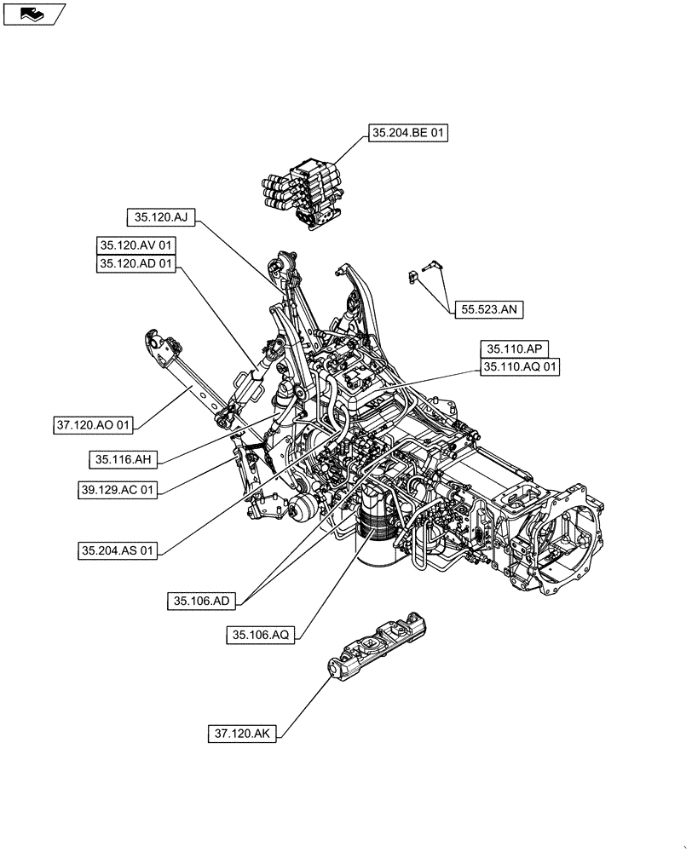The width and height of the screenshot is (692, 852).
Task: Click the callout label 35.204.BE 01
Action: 408,133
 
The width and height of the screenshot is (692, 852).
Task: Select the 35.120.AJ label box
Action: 161,217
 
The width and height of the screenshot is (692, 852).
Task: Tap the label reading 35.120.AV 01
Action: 136,245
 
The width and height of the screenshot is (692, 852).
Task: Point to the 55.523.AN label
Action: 487,310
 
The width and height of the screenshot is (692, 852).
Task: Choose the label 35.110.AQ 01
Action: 520,367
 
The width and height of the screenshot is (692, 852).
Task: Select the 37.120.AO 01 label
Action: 94,423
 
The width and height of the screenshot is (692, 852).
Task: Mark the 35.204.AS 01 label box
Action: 119,551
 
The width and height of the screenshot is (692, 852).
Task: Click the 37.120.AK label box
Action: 243,732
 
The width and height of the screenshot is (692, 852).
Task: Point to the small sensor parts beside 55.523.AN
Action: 424,273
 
